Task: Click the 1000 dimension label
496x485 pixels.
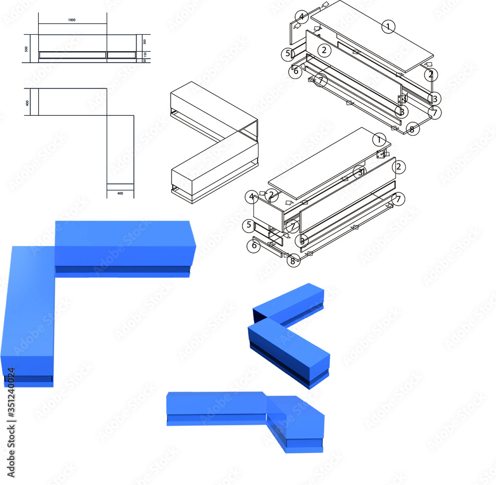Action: (72, 20)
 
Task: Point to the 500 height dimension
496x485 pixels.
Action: (26, 49)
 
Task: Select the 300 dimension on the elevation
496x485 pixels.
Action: (145, 42)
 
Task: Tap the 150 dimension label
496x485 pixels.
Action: (145, 54)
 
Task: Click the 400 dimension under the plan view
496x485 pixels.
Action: (120, 193)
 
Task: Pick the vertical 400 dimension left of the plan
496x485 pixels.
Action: (28, 102)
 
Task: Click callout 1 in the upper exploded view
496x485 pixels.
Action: (389, 26)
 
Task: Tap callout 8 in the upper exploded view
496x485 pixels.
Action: (412, 129)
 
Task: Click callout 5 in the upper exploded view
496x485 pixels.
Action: (288, 53)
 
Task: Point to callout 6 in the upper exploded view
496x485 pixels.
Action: (296, 71)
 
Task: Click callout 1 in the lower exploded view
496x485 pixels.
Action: (379, 140)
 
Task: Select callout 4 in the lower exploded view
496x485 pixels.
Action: (252, 197)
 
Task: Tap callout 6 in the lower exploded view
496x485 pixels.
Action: (254, 245)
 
